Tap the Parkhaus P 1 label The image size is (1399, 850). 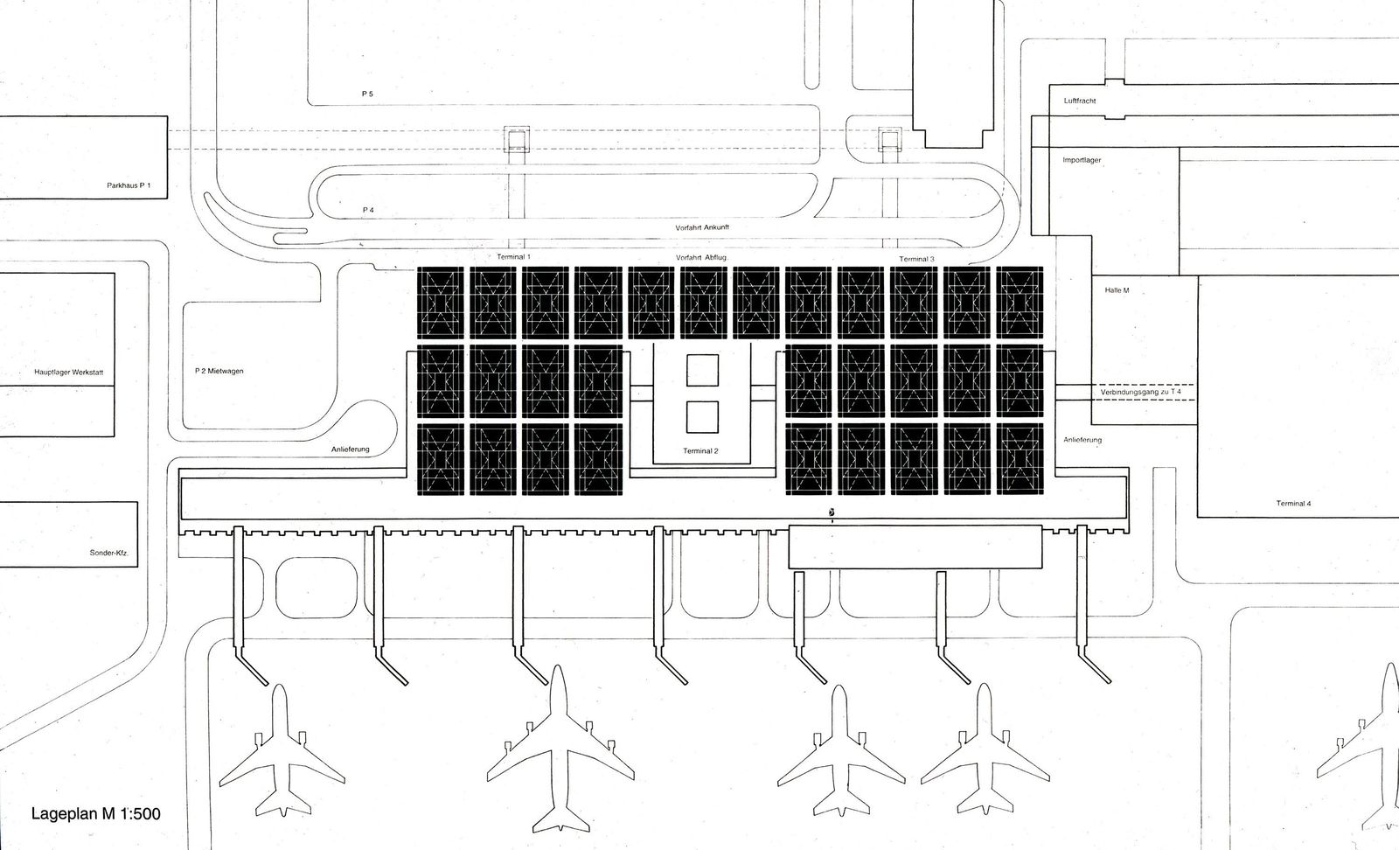point(136,185)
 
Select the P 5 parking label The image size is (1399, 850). point(368,93)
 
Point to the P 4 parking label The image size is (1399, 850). point(368,211)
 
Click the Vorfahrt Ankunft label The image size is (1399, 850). point(702,227)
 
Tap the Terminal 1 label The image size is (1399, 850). point(513,257)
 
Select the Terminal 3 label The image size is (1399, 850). point(916,259)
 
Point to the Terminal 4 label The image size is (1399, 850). point(1293,504)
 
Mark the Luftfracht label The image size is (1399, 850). point(1080,101)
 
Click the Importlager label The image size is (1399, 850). point(1082,161)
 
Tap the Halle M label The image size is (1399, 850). point(1117,289)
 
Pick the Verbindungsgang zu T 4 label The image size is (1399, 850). point(1140,392)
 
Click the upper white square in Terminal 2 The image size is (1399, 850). point(701,370)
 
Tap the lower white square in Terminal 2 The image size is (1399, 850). point(701,417)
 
